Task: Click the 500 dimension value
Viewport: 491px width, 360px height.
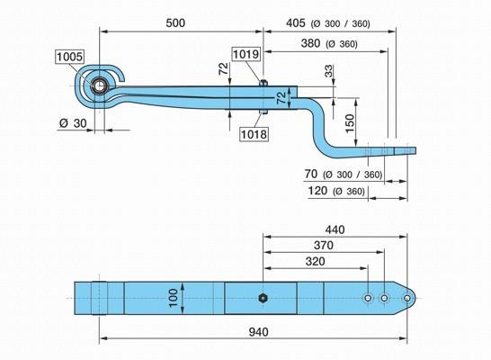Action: point(175,22)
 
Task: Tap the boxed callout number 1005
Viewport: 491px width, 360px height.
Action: point(69,57)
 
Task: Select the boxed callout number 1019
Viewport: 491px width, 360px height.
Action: point(246,54)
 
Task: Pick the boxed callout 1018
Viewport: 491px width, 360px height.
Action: point(254,134)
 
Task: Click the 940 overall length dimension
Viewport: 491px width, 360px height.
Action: point(259,332)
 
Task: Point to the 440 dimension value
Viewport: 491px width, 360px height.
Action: point(335,229)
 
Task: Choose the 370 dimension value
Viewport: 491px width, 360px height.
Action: point(324,246)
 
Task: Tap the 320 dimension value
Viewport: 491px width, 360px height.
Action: point(315,261)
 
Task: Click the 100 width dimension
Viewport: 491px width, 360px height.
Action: point(174,298)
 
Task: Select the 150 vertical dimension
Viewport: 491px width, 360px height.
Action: point(351,123)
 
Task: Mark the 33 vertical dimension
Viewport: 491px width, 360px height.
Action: point(329,71)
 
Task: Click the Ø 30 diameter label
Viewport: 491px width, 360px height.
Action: point(73,123)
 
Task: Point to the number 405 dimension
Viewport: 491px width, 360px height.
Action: point(295,22)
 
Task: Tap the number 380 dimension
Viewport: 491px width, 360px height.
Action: point(310,43)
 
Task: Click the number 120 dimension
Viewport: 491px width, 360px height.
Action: point(317,191)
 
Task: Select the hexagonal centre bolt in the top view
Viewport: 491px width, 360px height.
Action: point(263,298)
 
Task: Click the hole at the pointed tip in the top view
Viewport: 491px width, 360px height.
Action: point(407,298)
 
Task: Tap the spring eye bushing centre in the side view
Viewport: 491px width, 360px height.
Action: point(99,85)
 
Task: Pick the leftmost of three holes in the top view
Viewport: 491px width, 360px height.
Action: point(368,298)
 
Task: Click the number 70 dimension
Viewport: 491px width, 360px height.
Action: point(310,174)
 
